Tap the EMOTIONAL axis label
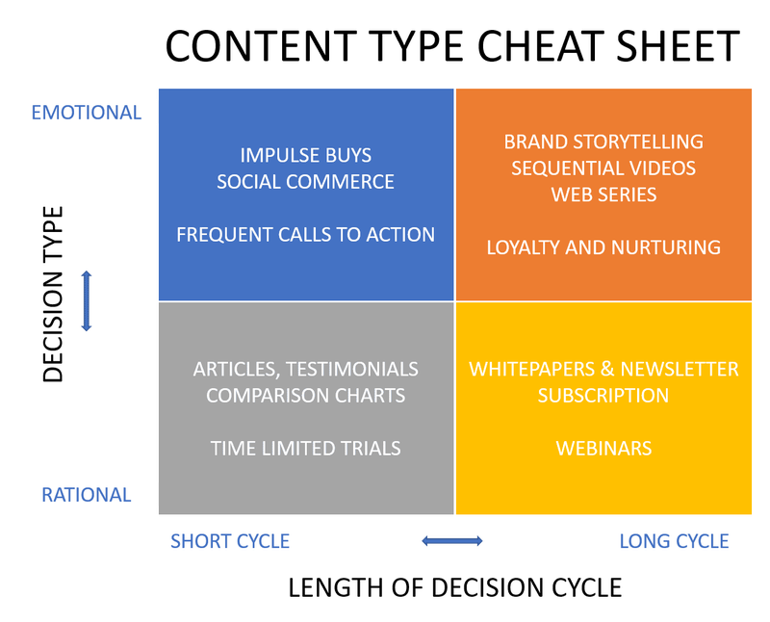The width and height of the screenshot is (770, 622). pos(87,113)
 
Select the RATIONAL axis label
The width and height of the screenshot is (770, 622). pos(87,495)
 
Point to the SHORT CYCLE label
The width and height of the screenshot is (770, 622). pos(230,541)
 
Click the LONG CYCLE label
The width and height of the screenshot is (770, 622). pos(674,541)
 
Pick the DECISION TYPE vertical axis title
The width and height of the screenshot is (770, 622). pos(53,294)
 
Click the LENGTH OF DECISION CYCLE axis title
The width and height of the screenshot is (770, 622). pos(454,587)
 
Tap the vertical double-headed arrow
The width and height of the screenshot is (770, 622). pos(87,300)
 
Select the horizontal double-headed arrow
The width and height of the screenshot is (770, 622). pos(452,541)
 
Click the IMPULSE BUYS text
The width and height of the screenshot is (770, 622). pos(305,155)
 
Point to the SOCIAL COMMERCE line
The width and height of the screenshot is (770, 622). pos(305,182)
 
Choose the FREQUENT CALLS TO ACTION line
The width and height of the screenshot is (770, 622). pos(305,234)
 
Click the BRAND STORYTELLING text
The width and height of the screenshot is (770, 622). pos(603,142)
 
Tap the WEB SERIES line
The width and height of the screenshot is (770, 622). pos(603,194)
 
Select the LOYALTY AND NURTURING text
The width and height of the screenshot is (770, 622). pos(603,247)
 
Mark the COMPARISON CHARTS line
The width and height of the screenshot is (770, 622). pos(305,396)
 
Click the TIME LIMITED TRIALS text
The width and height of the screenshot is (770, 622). pos(305,448)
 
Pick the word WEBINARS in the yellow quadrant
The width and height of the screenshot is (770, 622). pos(603,448)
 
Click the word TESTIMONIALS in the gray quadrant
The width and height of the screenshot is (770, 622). pos(352,369)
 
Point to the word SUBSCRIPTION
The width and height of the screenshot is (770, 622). pos(603,396)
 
